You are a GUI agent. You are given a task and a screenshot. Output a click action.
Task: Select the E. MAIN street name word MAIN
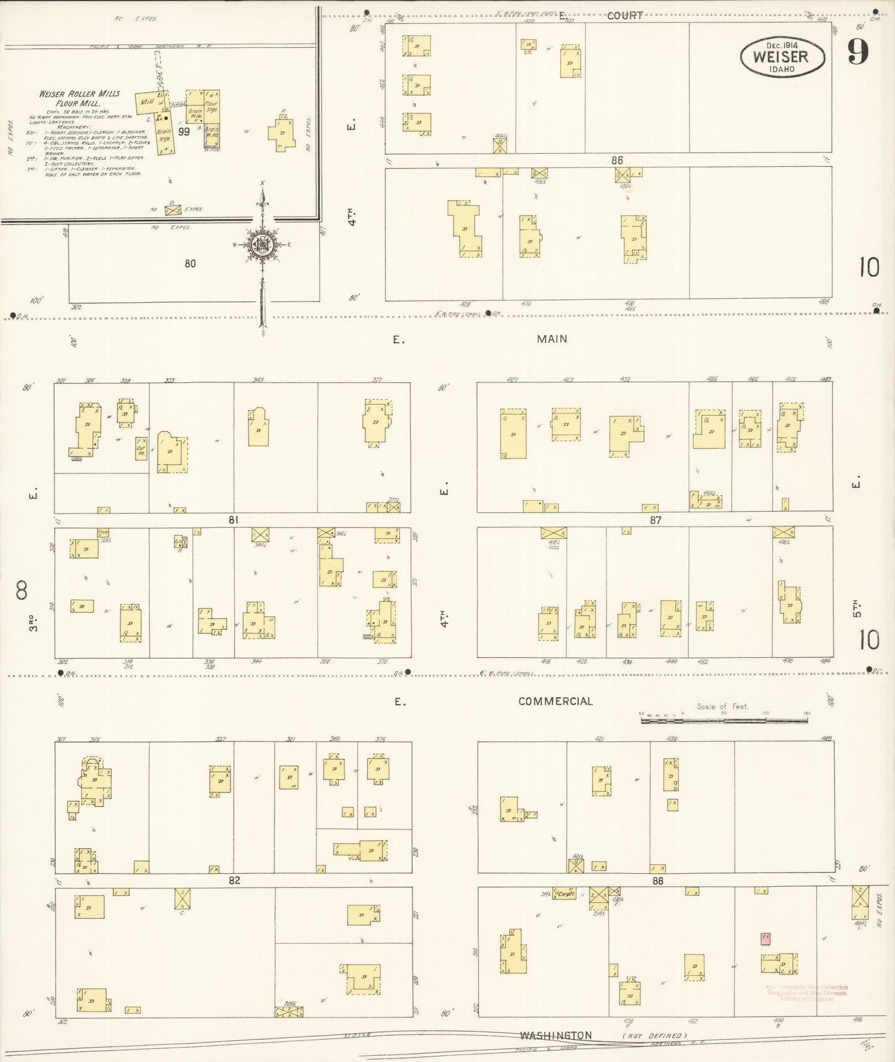coord(552,339)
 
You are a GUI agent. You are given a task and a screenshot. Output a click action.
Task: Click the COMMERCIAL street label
coord(556,701)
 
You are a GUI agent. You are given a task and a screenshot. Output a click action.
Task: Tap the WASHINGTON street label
coord(556,1035)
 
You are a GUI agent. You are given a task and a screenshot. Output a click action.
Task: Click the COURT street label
coord(624,15)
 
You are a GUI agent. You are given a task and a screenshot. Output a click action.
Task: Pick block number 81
coord(233,520)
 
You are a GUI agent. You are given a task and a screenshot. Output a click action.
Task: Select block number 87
coord(655,520)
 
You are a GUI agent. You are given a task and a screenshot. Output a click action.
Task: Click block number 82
coord(234,880)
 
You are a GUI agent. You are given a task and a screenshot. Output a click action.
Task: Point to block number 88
coord(657,880)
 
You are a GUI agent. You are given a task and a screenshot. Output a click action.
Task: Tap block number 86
coord(616,160)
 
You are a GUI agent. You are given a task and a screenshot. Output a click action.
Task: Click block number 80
coord(190,263)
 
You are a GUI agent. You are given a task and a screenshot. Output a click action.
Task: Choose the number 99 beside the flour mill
coord(184,131)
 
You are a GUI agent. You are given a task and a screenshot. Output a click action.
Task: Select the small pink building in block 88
coord(766,938)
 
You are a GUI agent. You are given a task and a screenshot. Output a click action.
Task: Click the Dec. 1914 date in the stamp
coord(782,45)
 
